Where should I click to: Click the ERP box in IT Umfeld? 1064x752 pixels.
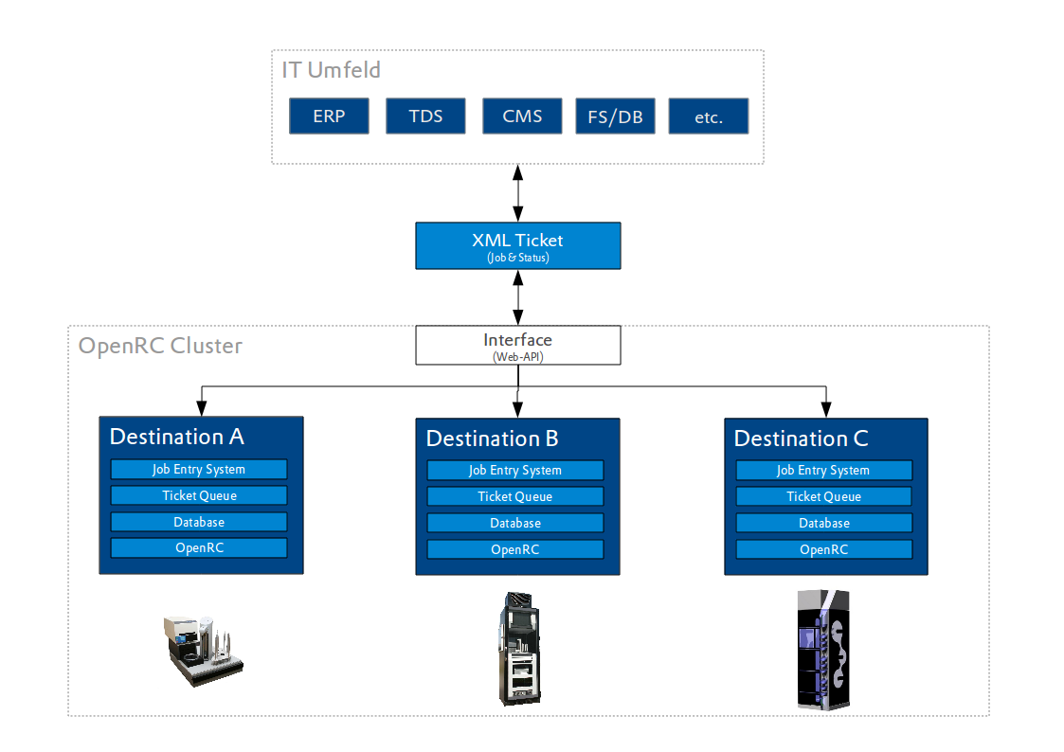click(329, 116)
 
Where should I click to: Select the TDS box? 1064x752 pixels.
click(425, 116)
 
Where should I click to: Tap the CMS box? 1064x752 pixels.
click(522, 116)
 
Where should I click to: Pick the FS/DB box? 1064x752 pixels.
click(616, 116)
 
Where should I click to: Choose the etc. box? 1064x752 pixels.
click(709, 116)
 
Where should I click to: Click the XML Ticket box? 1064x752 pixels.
click(517, 245)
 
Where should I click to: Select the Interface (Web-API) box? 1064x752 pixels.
click(517, 345)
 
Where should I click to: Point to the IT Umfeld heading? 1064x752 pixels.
click(331, 70)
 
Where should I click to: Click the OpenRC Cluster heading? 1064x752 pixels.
click(160, 346)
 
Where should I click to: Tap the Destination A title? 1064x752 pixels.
click(177, 437)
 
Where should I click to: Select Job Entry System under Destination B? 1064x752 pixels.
click(515, 471)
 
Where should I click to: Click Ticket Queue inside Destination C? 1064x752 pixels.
click(823, 496)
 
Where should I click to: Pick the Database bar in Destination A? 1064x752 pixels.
click(199, 522)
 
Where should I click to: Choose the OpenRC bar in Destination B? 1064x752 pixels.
click(515, 549)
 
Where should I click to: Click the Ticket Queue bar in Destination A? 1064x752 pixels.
click(199, 495)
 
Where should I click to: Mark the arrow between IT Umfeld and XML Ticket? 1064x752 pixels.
click(517, 194)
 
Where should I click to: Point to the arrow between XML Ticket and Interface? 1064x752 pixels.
click(517, 297)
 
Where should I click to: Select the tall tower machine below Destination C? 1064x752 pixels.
click(823, 649)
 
